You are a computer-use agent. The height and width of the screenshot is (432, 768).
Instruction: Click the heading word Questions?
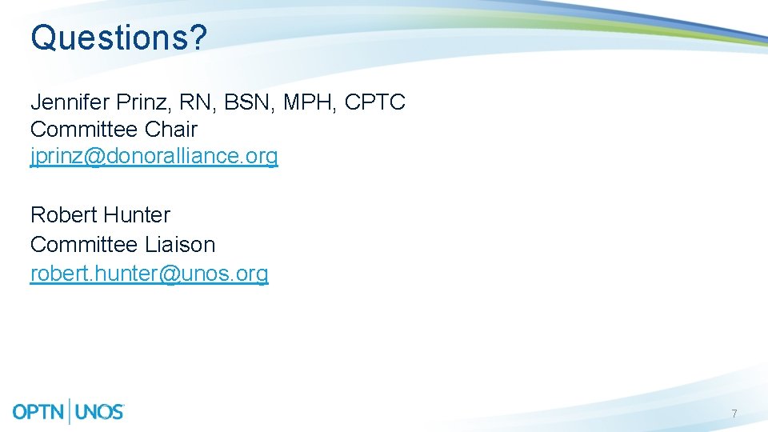pos(118,38)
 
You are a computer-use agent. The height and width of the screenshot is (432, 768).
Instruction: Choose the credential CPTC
pos(375,102)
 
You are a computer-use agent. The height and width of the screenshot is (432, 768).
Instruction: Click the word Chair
pos(171,130)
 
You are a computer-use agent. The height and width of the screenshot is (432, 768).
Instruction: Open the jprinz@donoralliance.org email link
pos(154,156)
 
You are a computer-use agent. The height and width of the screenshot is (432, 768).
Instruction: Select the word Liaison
pos(180,245)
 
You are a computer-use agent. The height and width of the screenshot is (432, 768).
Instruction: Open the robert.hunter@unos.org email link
pos(149,274)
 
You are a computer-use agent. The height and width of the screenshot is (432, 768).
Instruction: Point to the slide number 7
pos(734,414)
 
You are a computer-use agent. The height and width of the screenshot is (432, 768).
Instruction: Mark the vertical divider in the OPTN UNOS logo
pos(72,411)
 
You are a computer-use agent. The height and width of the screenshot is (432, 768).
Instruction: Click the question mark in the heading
pos(198,38)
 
